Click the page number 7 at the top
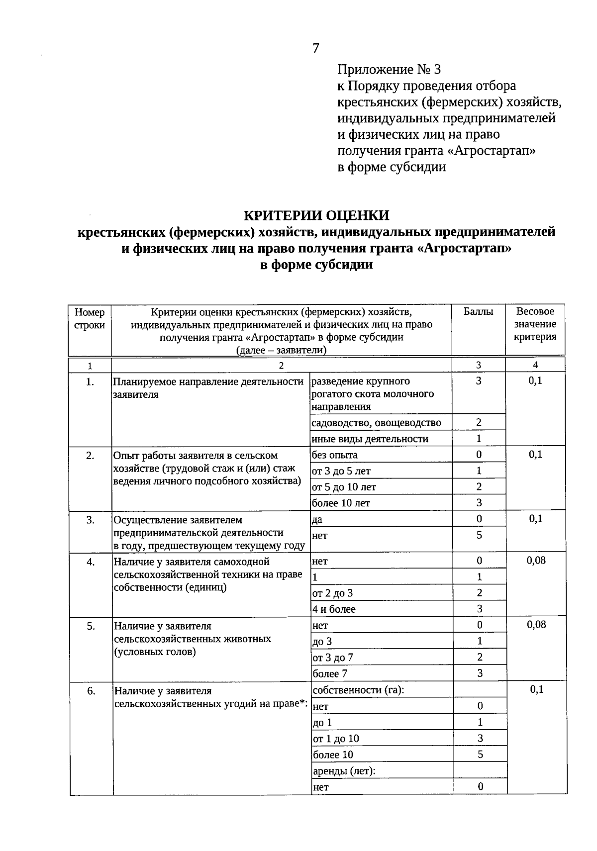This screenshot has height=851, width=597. click(x=316, y=48)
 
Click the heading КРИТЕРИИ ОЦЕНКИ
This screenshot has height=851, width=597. click(x=316, y=215)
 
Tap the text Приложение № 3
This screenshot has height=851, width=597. click(x=389, y=69)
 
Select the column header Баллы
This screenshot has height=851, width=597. click(x=478, y=312)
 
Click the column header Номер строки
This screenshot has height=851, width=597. click(x=90, y=318)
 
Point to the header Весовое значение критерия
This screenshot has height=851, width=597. click(x=535, y=324)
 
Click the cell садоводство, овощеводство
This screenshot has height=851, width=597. click(x=376, y=423)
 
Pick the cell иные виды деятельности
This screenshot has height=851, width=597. click(x=370, y=439)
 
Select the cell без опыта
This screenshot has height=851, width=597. click(x=334, y=455)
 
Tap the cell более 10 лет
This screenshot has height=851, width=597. click(x=341, y=503)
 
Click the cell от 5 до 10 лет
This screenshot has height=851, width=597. click(x=344, y=487)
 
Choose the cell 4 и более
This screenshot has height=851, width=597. click(x=334, y=609)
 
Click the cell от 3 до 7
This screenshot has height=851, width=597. click(x=333, y=658)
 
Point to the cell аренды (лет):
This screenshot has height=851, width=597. click(x=344, y=771)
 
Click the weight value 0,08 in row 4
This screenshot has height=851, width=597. click(x=536, y=561)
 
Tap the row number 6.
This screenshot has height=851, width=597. click(x=91, y=690)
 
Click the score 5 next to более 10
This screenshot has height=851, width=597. click(x=480, y=755)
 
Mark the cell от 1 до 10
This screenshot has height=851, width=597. click(x=336, y=739)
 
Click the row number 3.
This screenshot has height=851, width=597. click(x=90, y=520)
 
